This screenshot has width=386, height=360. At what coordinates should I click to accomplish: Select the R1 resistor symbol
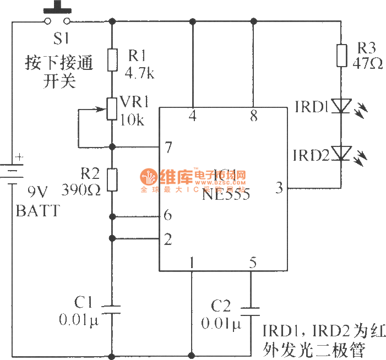112,59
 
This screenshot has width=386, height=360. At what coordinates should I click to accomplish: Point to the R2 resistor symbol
112,179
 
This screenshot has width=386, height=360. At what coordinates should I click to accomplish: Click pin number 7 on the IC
168,147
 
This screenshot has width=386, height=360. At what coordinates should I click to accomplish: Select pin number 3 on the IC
279,188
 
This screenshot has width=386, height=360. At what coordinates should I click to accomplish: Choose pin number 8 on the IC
253,116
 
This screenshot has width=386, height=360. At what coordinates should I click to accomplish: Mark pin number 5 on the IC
252,262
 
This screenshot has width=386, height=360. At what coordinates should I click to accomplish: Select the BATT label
37,210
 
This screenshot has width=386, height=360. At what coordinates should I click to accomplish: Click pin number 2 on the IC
168,239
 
